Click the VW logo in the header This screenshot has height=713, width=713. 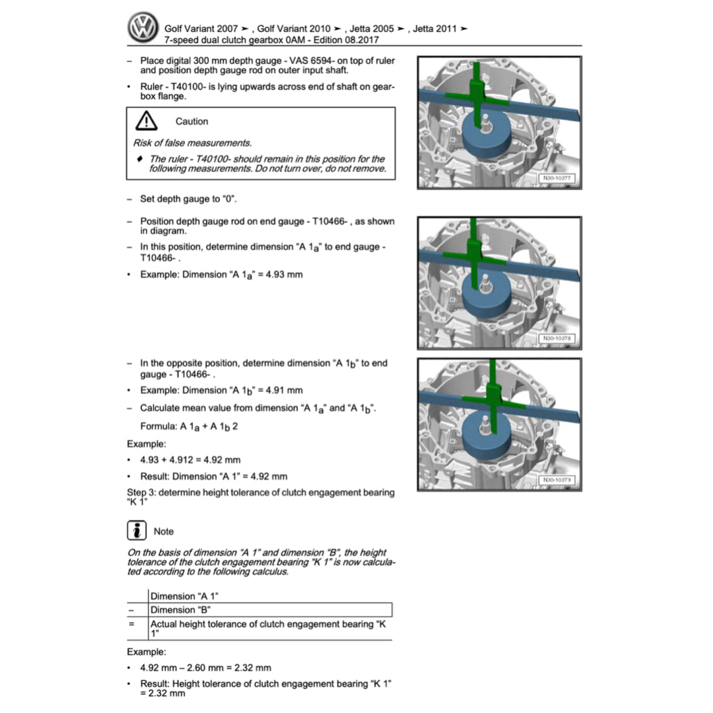(144, 29)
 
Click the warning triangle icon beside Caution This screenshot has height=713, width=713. (146, 121)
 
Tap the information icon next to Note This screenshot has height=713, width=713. (136, 531)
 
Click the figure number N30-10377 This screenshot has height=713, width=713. (556, 179)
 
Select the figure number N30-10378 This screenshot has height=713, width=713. (556, 339)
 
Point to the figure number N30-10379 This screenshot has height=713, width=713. (556, 480)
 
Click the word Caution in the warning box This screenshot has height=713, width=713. (191, 121)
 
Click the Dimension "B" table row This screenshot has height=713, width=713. (270, 610)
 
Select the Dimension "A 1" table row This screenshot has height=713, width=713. (270, 596)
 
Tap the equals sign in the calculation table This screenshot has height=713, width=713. (131, 625)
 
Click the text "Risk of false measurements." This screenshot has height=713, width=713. (192, 143)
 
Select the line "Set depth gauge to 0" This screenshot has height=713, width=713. (188, 199)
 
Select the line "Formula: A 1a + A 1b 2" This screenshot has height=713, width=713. (189, 426)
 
